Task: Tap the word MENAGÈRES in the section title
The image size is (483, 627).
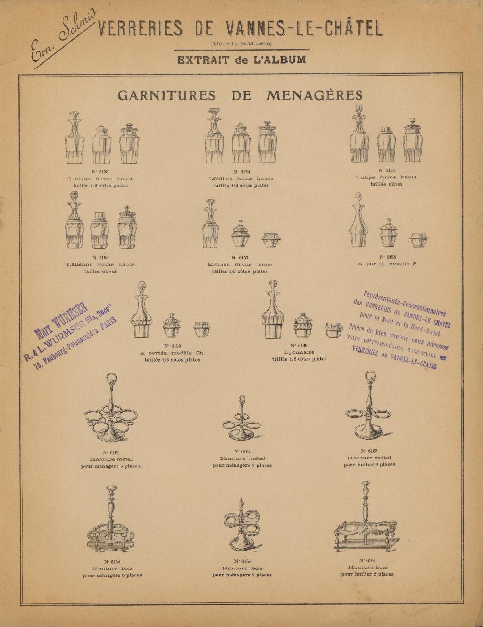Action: tap(315, 95)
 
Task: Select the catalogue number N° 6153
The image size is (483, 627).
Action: tap(100, 172)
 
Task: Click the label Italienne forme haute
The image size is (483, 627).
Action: tap(100, 264)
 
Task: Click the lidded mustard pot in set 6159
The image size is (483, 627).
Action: tap(172, 325)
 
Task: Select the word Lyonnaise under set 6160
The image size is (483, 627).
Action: tap(299, 352)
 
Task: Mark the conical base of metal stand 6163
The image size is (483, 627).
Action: tap(368, 430)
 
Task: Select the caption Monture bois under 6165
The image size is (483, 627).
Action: tap(242, 568)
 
